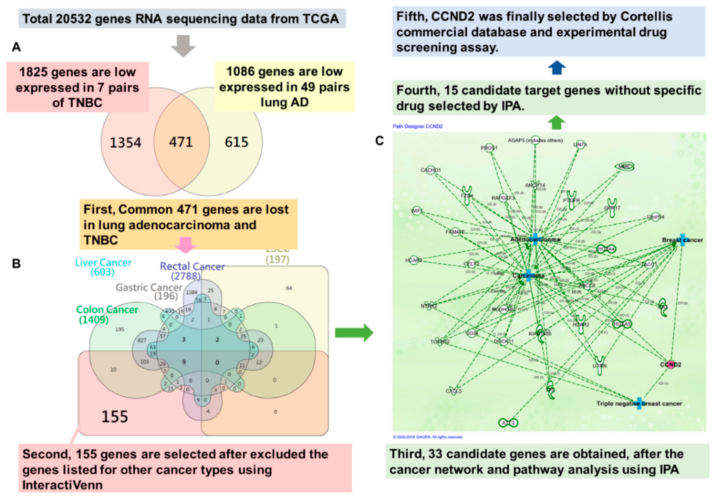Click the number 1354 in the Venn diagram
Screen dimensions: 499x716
coord(125,143)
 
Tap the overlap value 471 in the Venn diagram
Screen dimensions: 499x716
coord(181,142)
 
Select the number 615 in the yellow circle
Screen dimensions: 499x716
coord(236,142)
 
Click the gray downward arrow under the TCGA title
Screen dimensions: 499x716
coord(183,46)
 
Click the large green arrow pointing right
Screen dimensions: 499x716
coord(354,333)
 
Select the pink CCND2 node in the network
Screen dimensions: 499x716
coord(670,365)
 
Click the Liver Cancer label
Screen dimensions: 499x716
coord(103,263)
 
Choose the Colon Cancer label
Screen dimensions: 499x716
coord(107,310)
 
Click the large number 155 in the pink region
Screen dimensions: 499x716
coord(115,417)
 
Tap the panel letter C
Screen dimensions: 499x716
coord(379,141)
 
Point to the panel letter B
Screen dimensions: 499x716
coord(16,264)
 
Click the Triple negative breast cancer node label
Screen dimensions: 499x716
coord(639,403)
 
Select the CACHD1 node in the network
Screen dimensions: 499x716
coord(431,170)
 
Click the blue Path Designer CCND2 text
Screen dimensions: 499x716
coord(417,126)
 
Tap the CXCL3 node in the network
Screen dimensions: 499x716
coord(453,391)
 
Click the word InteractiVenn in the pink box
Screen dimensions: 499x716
coord(62,485)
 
